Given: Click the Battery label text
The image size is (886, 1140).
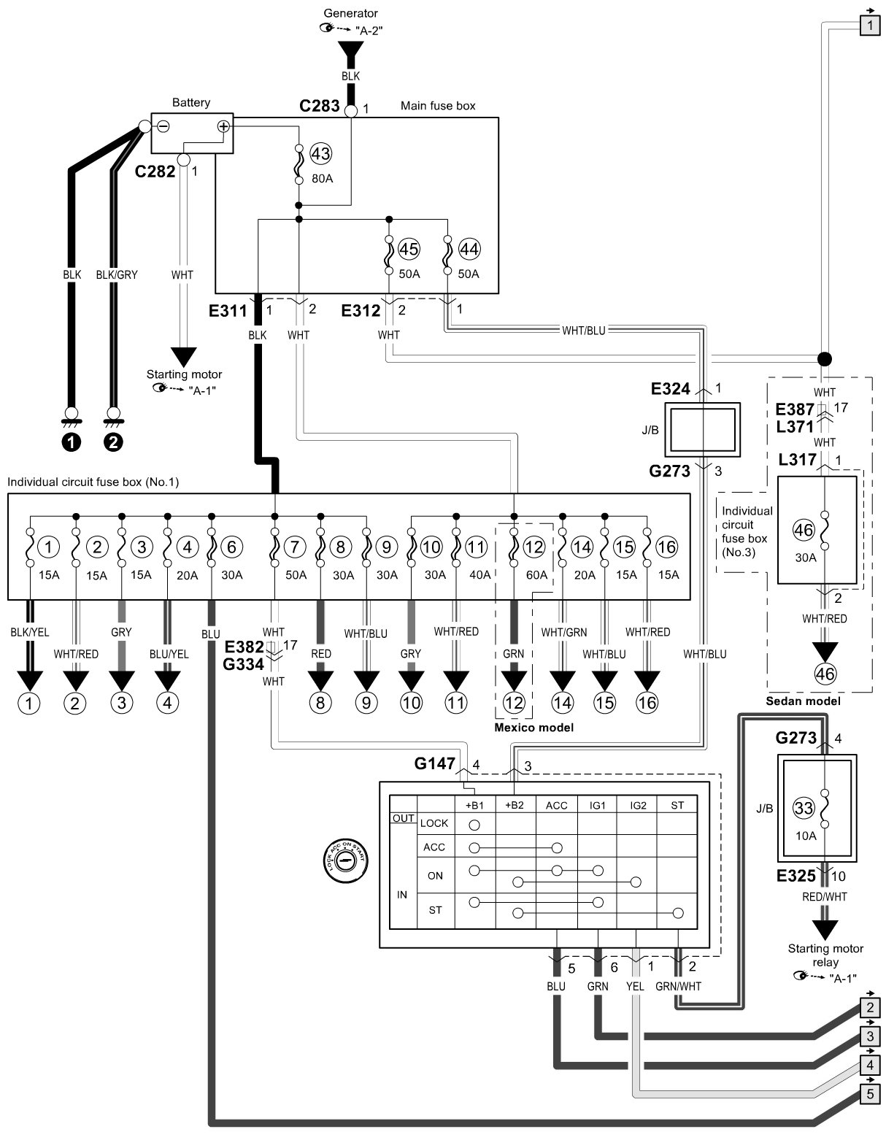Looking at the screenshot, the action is click(191, 102).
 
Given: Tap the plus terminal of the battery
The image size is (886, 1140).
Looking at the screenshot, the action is click(223, 126).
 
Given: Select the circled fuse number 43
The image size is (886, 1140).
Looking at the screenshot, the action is click(320, 154).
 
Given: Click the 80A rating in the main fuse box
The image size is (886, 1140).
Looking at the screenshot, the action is click(322, 178).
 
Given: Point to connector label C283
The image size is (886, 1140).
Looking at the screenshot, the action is click(320, 106).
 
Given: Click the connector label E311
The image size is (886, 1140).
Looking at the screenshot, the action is click(228, 311).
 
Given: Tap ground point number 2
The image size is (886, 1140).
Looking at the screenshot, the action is click(113, 442).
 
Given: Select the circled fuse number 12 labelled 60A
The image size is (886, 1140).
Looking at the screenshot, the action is click(534, 547).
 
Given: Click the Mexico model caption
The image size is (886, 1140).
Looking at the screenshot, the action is click(534, 727).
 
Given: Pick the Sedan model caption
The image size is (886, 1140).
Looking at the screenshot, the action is click(803, 701).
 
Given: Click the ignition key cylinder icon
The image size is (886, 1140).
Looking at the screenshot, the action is click(345, 861).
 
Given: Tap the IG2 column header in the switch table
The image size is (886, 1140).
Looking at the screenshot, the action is click(638, 805).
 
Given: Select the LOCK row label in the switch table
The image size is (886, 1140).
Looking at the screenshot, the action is click(434, 823).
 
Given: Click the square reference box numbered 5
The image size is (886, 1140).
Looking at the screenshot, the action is click(870, 1094).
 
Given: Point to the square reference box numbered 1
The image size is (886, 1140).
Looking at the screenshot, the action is click(870, 25).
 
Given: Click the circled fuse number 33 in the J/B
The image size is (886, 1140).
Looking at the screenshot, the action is click(803, 807).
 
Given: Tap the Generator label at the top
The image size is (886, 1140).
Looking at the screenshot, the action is click(350, 13).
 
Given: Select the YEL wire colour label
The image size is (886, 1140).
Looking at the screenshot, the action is click(635, 986).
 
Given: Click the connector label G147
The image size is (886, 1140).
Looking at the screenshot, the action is click(434, 763).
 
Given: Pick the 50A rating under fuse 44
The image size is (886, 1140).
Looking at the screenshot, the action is click(469, 274).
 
